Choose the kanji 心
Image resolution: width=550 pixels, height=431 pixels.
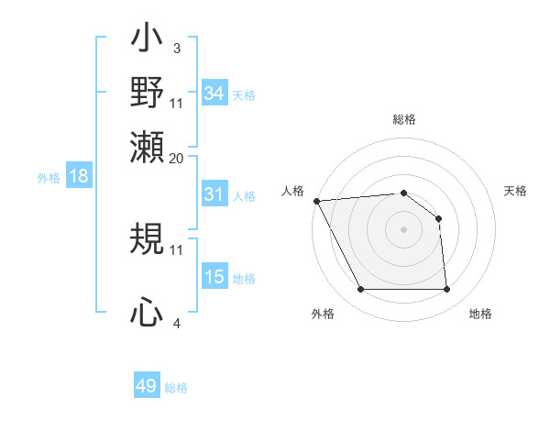coord(147,313)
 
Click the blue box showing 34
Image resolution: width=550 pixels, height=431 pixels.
coord(214,94)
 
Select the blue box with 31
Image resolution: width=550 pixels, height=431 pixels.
coord(214,194)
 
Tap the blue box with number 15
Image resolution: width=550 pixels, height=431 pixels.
coord(214,277)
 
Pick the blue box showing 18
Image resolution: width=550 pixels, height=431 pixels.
coord(79,177)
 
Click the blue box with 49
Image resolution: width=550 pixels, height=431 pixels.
coord(147,386)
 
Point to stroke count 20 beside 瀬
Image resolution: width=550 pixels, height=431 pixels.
coord(177,158)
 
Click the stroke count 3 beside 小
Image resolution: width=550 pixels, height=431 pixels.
coord(176,47)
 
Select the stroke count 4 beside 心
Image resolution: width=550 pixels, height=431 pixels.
coord(176,323)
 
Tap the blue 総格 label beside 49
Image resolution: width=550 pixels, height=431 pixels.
coord(177,388)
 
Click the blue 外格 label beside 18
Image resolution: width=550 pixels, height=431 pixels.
coord(49,178)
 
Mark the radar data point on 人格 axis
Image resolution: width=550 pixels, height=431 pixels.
coord(316,201)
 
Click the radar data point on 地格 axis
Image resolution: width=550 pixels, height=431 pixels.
coord(446,290)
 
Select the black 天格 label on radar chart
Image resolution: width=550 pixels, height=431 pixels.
coord(516,191)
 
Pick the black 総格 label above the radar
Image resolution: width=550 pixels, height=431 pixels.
coord(403,120)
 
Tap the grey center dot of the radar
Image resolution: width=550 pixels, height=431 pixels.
coord(403,229)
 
